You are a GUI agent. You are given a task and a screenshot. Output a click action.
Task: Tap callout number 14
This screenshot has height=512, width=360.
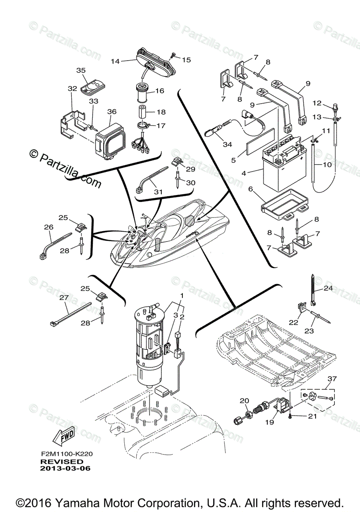coord(114,61)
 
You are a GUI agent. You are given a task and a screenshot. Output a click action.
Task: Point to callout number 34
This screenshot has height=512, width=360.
coord(228,145)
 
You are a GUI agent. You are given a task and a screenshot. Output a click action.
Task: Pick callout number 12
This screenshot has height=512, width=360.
coord(328,103)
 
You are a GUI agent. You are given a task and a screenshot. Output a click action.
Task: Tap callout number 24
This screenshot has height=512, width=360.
coord(328,288)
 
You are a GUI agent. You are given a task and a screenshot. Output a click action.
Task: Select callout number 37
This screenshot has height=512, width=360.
coord(332,378)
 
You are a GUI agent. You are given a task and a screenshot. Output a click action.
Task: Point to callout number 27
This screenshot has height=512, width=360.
coord(64,298)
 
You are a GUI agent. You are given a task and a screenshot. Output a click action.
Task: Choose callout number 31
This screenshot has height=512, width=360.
coord(158,192)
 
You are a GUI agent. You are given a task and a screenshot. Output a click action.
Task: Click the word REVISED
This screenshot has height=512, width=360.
coord(61,462)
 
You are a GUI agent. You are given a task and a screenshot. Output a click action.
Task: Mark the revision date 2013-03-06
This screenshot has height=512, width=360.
coord(65,468)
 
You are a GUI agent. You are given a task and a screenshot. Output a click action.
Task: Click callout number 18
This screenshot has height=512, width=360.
coord(161,112)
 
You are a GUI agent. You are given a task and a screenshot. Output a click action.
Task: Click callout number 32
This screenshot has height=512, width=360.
coord(72,89)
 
